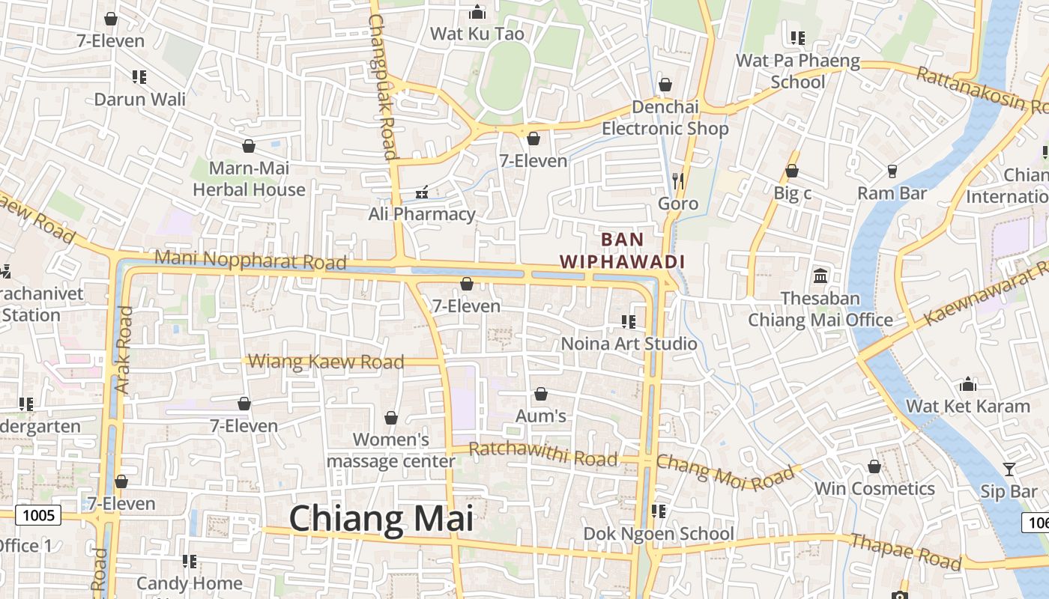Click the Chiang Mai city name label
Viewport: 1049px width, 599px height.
381,519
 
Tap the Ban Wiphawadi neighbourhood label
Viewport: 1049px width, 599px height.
623,250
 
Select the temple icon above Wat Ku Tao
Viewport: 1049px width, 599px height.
477,13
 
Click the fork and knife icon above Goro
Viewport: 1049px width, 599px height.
678,180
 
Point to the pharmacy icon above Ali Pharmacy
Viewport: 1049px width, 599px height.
422,192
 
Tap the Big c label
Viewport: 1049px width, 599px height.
792,193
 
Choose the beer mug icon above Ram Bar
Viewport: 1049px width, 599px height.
892,171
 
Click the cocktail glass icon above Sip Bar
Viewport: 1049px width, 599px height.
1009,469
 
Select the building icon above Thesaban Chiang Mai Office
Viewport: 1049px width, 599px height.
820,276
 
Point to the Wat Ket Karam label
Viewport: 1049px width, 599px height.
968,407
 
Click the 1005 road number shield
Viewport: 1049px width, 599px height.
38,514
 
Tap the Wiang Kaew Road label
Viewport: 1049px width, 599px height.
326,362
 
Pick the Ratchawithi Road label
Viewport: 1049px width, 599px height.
543,454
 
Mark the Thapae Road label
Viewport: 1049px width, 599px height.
905,550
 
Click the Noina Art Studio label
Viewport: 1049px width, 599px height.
629,344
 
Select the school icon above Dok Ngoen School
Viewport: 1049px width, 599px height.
659,511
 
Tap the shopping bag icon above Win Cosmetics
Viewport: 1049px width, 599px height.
874,466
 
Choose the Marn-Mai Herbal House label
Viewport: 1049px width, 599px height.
249,179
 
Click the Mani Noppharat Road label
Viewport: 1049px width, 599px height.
251,261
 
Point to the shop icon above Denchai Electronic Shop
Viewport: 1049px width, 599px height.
665,85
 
